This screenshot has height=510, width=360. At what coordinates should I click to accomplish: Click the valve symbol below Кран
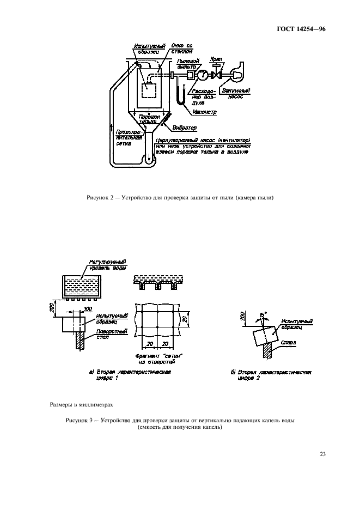click(218, 74)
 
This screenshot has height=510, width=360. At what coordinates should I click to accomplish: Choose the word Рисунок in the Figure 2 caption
click(98, 197)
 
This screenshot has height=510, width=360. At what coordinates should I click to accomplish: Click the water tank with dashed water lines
click(82, 287)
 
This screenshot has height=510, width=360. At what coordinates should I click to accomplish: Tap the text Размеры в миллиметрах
click(75, 405)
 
